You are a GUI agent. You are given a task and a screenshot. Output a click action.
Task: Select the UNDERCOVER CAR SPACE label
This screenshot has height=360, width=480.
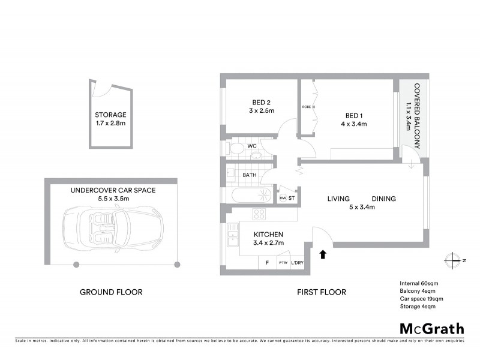[113, 190]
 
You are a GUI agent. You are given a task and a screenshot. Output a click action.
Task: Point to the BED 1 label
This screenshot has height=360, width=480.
[354, 115]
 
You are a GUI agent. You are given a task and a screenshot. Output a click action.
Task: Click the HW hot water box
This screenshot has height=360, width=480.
[283, 198]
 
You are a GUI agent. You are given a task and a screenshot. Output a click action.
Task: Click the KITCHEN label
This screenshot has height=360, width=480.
[268, 235]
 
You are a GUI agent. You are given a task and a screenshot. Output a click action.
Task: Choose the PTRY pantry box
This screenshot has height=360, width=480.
[282, 263]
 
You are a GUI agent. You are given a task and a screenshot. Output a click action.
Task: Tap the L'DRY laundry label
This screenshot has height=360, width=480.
[297, 263]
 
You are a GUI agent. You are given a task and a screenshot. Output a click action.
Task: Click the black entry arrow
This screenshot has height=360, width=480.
[323, 254]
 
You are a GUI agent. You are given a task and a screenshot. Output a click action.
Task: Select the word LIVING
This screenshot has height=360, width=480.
[340, 199]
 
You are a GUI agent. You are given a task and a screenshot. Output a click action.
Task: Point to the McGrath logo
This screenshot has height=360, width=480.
[431, 328]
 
